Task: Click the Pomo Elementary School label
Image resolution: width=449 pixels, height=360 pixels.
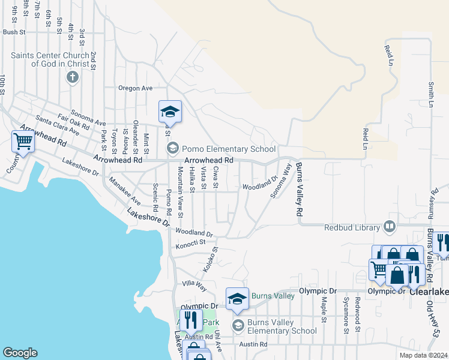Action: (229, 149)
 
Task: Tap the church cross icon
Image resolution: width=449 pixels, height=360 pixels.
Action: (73, 77)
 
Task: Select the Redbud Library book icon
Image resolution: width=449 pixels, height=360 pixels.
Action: (390, 227)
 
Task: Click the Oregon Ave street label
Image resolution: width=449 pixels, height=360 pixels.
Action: (135, 88)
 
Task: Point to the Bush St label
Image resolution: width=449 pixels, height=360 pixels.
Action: (14, 32)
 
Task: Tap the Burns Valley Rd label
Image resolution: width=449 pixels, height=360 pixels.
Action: (298, 190)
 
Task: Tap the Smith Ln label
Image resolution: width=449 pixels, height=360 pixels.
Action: (430, 94)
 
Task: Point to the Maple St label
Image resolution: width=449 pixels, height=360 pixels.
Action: (324, 308)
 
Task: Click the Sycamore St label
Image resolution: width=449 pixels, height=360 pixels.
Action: (346, 313)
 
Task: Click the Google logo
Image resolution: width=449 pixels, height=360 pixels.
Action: (20, 353)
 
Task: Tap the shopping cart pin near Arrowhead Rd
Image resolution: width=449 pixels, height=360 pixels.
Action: (23, 142)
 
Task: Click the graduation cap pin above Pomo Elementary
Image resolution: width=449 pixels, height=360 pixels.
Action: (170, 111)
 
